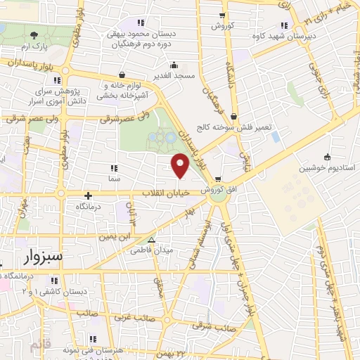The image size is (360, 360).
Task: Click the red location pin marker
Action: pos(181,166)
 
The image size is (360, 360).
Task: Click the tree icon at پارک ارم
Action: pos(34,35)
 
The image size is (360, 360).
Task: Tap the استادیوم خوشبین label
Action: pos(326,169)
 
